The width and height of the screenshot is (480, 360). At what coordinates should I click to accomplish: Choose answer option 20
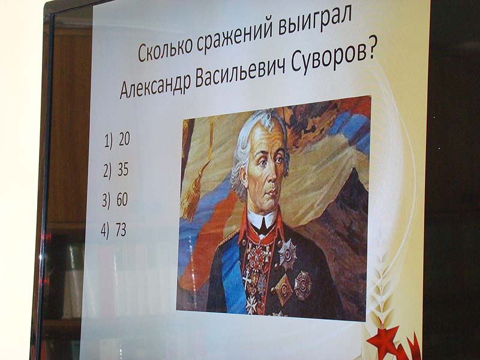pyautogui.click(x=117, y=140)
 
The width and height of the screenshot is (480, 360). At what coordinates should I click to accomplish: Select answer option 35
pyautogui.click(x=116, y=170)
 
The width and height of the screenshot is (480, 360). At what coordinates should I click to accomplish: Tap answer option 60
pyautogui.click(x=115, y=200)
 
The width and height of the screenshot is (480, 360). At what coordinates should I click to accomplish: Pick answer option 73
pyautogui.click(x=113, y=230)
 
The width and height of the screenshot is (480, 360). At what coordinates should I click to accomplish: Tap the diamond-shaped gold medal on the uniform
pyautogui.click(x=284, y=289)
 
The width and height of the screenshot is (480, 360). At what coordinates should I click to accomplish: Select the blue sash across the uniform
pyautogui.click(x=233, y=272)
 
